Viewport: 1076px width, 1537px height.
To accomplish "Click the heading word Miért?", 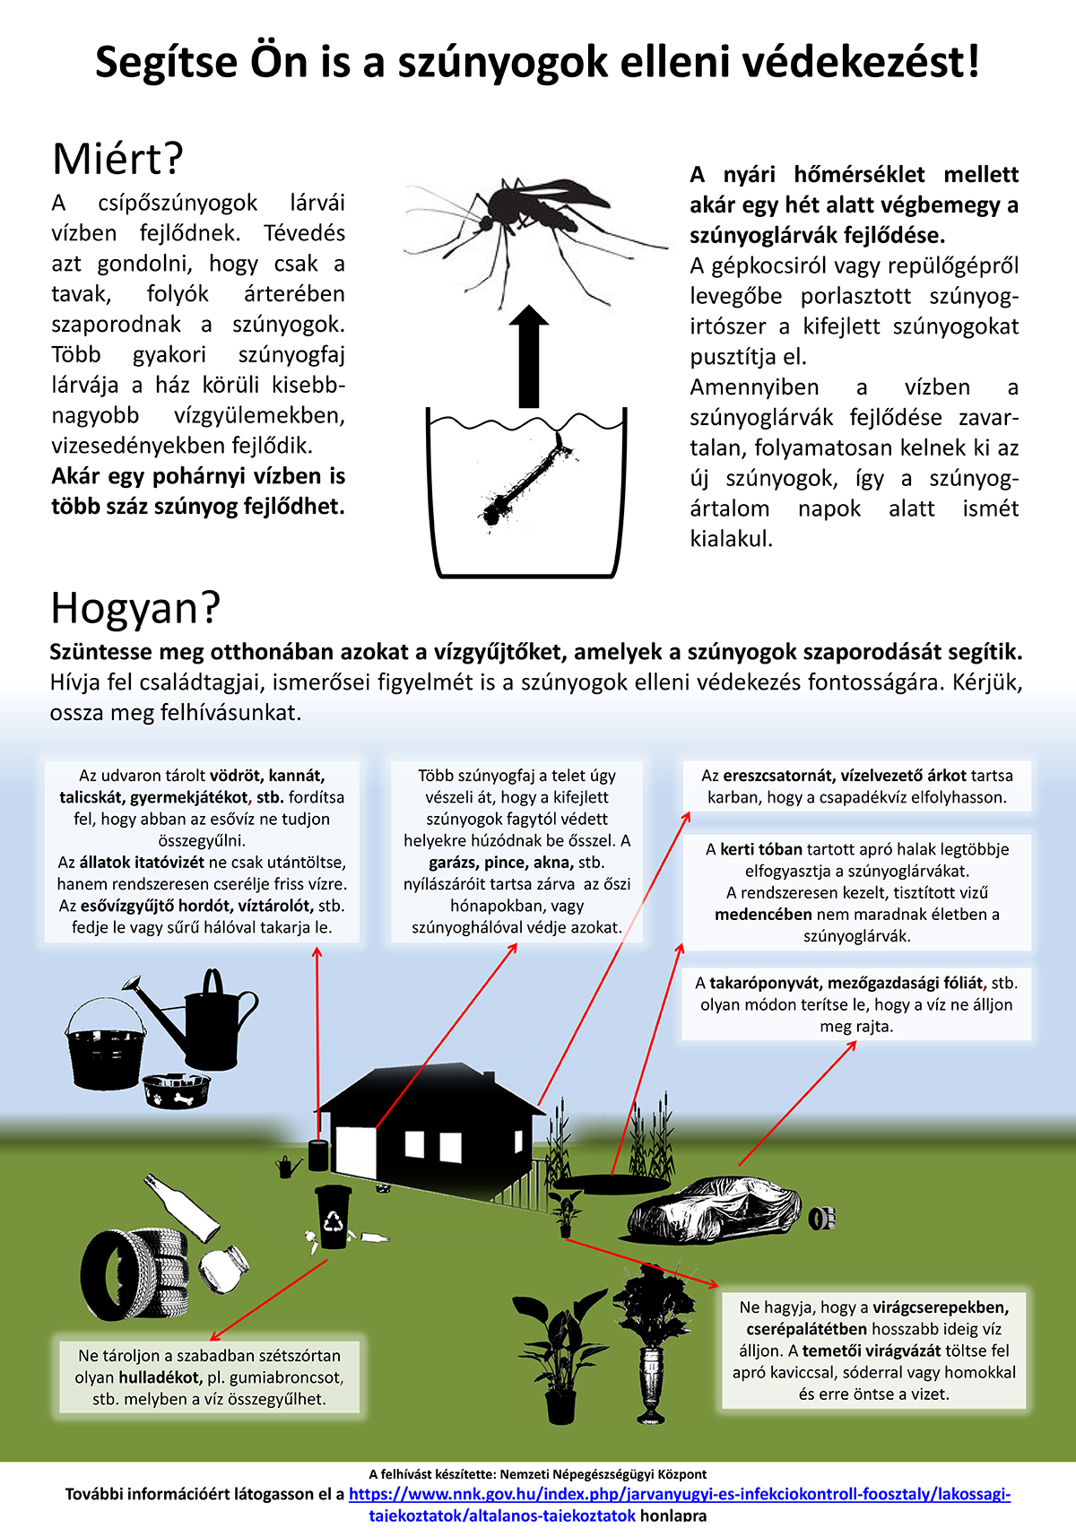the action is point(118,160).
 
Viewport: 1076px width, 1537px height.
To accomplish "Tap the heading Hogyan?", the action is point(135,609).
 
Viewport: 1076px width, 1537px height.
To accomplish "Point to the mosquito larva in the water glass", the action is point(525,479).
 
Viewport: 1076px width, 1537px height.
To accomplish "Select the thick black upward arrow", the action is point(528,356).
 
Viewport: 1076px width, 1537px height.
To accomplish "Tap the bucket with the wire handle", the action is point(106,1045).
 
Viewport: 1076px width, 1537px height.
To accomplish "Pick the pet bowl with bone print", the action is point(177,1090).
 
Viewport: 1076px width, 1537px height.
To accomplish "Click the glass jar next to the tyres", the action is point(223,1269).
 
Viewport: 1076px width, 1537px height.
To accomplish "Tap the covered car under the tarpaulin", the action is point(714,1210).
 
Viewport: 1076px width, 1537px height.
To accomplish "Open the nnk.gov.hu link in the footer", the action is point(680,1504).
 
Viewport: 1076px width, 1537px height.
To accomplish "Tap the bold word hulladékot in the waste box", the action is point(159,1377).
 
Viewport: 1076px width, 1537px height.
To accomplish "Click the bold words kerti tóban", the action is point(761,849).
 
